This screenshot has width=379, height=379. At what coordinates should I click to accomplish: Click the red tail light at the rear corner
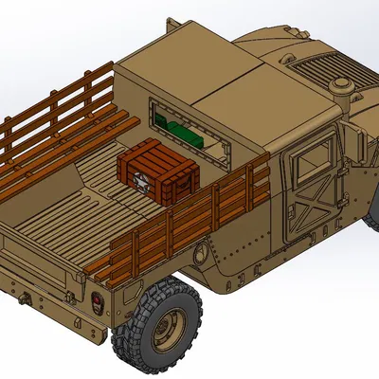[x=99, y=303]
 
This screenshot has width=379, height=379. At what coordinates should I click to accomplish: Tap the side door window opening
[x=314, y=158]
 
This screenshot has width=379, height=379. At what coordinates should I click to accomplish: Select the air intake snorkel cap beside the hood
[x=341, y=86]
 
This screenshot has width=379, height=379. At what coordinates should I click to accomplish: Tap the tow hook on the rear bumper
[x=22, y=299]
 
